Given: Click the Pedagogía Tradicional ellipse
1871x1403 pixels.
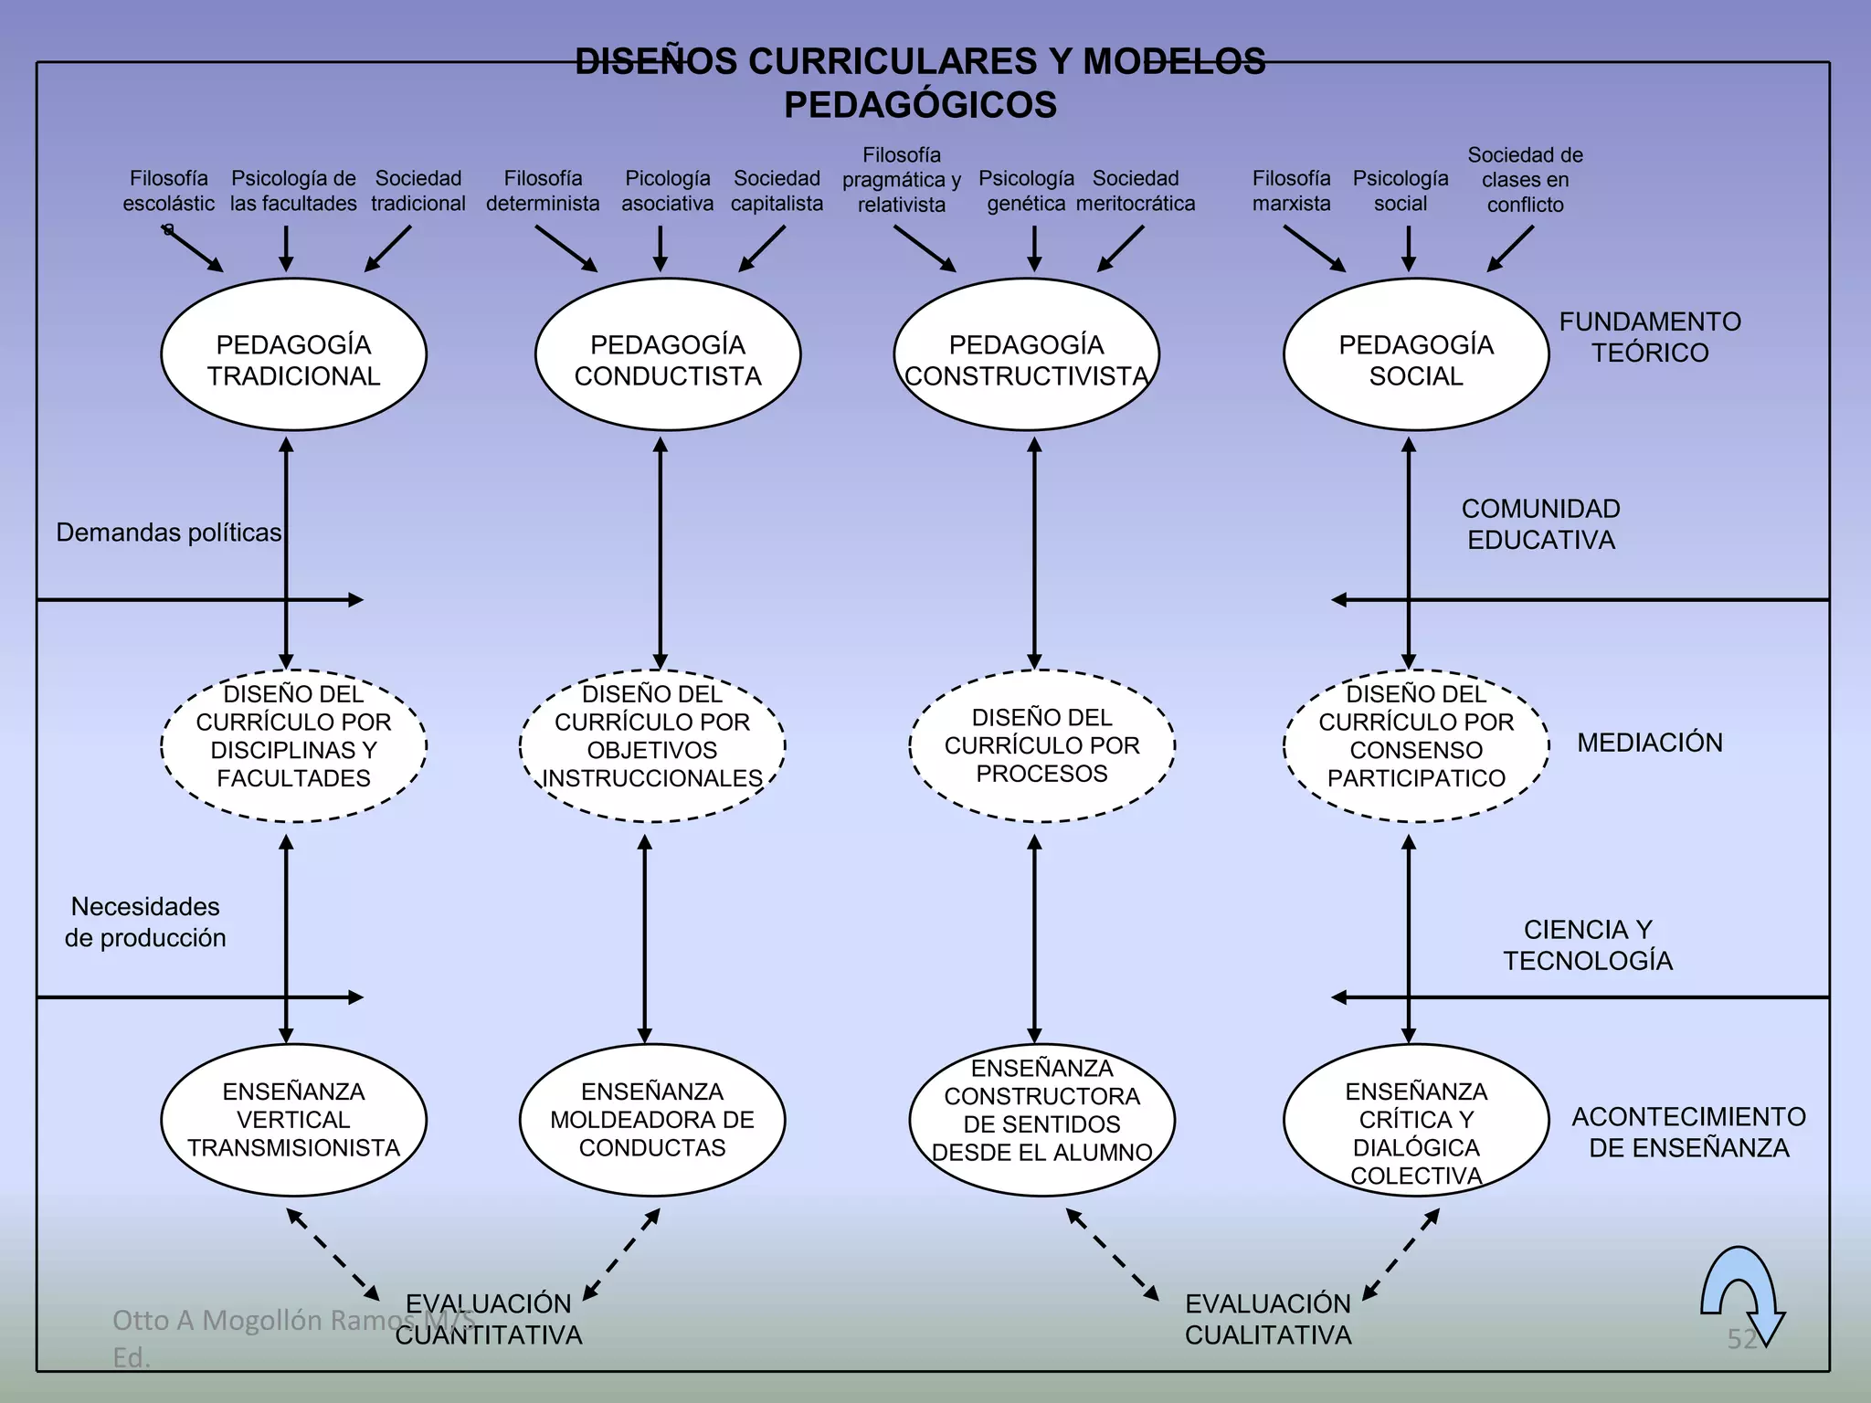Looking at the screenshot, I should [293, 354].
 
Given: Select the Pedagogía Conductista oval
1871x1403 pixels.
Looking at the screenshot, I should [668, 354].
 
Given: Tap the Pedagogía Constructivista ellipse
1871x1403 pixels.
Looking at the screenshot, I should [1026, 354].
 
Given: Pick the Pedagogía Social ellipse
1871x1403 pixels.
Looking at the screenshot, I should [1415, 354].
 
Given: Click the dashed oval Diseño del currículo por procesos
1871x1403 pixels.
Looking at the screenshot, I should [1041, 745].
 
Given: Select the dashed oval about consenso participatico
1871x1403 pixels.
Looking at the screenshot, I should [1415, 745].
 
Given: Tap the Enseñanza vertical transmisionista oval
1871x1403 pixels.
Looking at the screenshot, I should [293, 1120].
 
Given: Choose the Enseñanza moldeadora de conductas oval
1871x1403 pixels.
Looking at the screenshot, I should [651, 1120].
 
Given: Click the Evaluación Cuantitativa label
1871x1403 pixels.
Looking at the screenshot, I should [489, 1319].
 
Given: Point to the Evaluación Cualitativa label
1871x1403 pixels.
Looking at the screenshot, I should [1268, 1319].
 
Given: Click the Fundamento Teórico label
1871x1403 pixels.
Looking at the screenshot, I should [1650, 337].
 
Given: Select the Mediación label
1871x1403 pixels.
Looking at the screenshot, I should [1650, 743].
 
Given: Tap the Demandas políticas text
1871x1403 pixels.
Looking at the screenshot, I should [169, 533].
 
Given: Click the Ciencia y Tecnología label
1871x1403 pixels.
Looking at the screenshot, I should [1588, 945].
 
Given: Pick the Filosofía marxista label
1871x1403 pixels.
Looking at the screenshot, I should [1291, 191].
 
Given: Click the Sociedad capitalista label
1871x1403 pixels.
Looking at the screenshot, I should [777, 191].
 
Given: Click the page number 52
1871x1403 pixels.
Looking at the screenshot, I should [1741, 1339].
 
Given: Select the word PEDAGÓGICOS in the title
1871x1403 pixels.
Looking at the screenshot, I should [920, 105].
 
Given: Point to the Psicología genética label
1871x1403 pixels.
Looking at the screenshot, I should [1026, 191].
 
